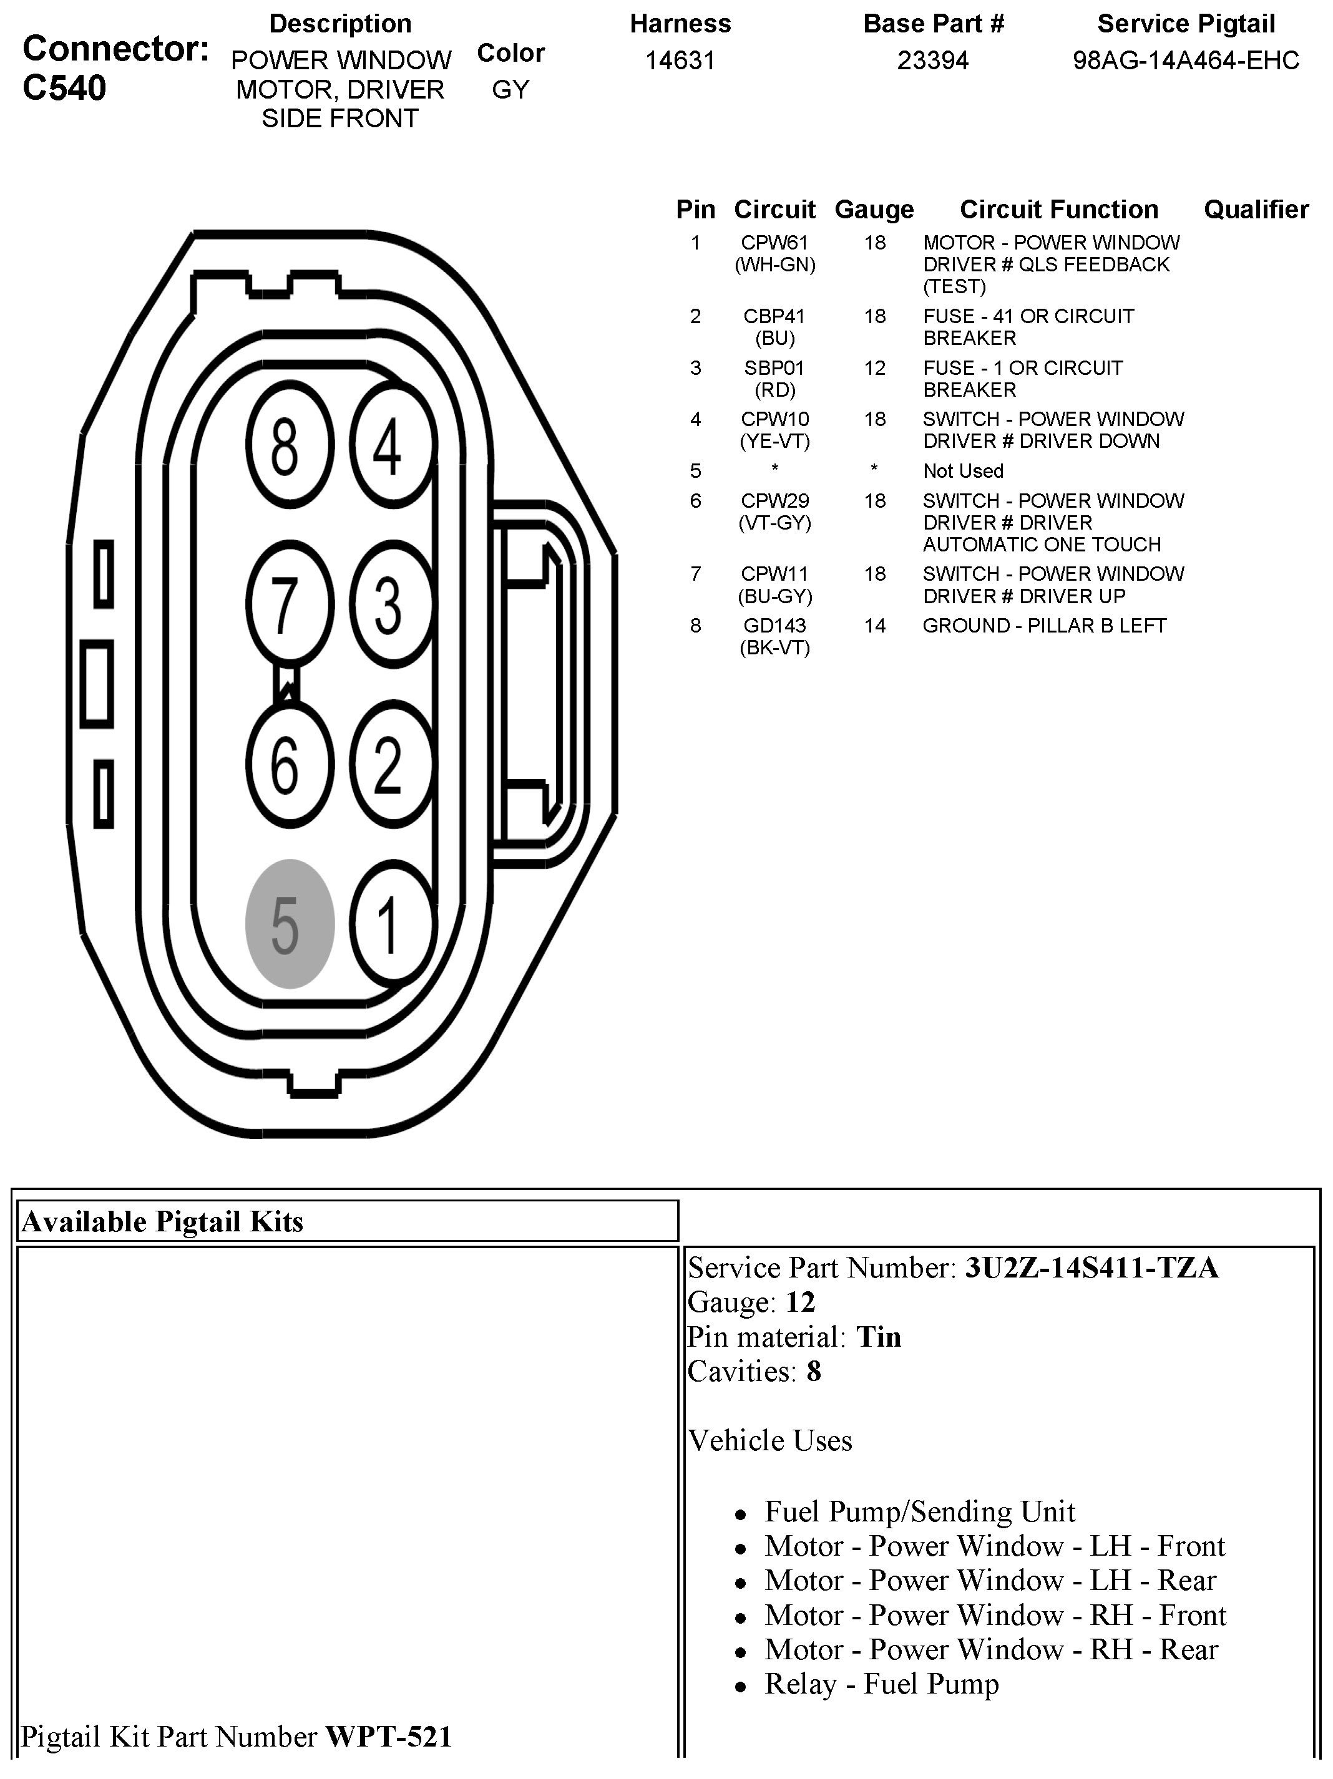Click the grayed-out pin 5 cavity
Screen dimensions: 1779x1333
[289, 923]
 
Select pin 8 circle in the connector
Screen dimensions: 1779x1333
[289, 445]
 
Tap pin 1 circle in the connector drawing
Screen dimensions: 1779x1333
[391, 923]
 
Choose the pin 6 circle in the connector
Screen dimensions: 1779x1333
[289, 764]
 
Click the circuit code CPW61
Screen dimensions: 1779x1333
[774, 243]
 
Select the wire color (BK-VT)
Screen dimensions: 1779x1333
[774, 647]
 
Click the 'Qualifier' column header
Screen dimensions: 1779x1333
[1256, 210]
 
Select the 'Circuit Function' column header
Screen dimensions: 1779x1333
[1058, 210]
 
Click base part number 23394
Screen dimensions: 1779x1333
[933, 61]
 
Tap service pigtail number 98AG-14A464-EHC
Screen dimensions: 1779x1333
[1186, 61]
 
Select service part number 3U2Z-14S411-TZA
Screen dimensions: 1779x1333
[1091, 1268]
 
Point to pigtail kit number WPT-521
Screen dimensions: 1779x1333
[389, 1737]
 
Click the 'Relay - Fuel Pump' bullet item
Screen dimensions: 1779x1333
[882, 1684]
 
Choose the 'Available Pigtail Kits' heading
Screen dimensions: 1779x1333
[162, 1221]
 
